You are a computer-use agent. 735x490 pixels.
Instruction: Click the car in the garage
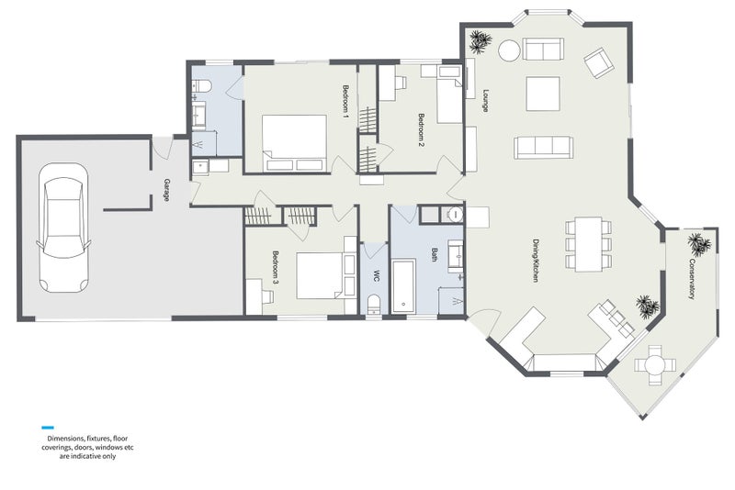[x=63, y=228]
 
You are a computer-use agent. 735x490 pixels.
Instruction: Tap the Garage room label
[x=166, y=190]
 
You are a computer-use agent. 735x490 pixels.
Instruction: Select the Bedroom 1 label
[x=346, y=101]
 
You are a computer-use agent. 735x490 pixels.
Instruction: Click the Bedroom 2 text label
[x=422, y=130]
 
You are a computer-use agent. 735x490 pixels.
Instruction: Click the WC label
[x=376, y=275]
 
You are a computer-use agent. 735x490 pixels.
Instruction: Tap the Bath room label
[x=434, y=254]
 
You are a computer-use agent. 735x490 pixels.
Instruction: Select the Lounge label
[x=486, y=101]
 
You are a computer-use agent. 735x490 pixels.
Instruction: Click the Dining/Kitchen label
[x=536, y=261]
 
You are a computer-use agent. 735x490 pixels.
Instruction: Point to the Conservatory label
[x=692, y=279]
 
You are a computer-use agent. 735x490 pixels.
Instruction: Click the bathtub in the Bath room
[x=403, y=286]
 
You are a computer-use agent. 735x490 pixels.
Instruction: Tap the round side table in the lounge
[x=509, y=50]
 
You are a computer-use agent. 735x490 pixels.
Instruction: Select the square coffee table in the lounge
[x=543, y=94]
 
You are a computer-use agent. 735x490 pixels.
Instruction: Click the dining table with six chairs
[x=588, y=244]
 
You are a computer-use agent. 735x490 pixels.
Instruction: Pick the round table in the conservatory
[x=655, y=364]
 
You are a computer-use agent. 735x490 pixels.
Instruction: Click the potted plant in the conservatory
[x=699, y=243]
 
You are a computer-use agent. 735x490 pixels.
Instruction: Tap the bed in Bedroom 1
[x=294, y=142]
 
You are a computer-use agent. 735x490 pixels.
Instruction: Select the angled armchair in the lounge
[x=599, y=62]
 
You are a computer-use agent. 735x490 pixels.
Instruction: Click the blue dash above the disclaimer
[x=48, y=428]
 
